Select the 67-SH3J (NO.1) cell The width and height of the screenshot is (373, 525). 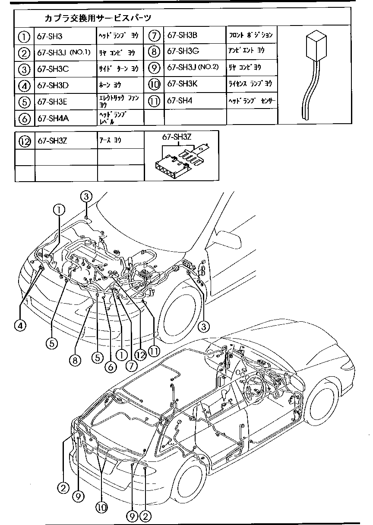[x=63, y=53]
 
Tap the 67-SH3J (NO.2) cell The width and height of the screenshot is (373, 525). [x=193, y=67]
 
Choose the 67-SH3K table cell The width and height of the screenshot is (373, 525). [x=182, y=84]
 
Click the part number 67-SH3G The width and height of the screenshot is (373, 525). [x=183, y=51]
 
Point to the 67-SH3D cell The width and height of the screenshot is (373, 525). [x=53, y=85]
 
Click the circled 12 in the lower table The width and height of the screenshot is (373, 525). [x=25, y=141]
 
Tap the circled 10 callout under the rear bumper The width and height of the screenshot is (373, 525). [x=101, y=508]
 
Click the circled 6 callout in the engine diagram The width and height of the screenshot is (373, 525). [x=110, y=366]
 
